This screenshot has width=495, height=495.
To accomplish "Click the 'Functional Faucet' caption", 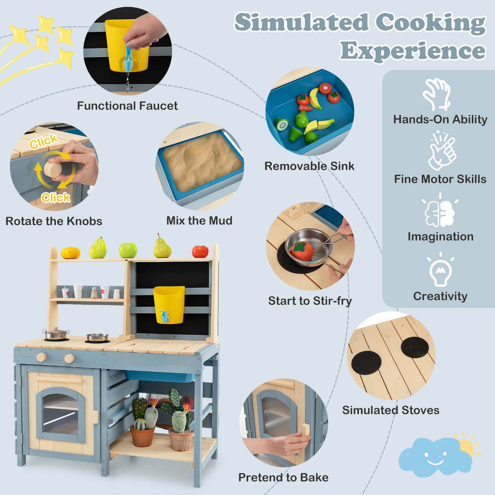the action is [x=127, y=106].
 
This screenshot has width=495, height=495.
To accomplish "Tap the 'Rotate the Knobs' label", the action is [x=54, y=221].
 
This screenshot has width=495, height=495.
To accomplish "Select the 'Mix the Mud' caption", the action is [x=199, y=221].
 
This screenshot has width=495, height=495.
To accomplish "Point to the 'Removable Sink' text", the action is [x=309, y=166].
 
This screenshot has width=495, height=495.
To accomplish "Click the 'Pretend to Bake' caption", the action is [x=283, y=477].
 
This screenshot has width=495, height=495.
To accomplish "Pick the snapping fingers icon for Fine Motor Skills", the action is [x=442, y=150].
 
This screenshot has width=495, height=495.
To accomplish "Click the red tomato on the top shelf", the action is [x=200, y=252].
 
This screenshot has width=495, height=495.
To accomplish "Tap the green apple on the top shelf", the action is [x=128, y=250].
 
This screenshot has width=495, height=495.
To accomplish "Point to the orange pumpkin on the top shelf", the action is [x=71, y=253].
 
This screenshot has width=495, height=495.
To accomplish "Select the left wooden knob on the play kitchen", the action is [x=42, y=357].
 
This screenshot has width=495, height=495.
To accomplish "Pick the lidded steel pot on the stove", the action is [x=56, y=334].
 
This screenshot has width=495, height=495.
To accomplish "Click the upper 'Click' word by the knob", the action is [x=44, y=141].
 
